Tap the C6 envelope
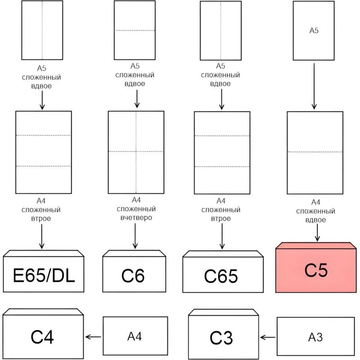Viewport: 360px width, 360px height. pos(133,274)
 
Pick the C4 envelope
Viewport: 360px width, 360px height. pos(43,335)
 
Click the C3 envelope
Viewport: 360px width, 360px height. pos(221,336)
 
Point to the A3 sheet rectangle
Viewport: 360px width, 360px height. pos(316,337)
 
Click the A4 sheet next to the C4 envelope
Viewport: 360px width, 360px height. pos(135,336)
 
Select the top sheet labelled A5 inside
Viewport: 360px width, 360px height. pos(314,31)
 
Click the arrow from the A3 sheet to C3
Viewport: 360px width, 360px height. pos(268,337)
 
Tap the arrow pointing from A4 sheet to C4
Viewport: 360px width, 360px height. pos(94,337)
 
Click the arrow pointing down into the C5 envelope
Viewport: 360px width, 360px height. pos(318,233)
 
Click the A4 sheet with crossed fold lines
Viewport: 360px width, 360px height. pos(136,152)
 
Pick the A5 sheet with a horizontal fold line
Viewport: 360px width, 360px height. pos(135,30)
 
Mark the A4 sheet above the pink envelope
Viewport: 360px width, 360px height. pos(315,153)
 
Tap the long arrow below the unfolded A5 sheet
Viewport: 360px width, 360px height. pos(314,85)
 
